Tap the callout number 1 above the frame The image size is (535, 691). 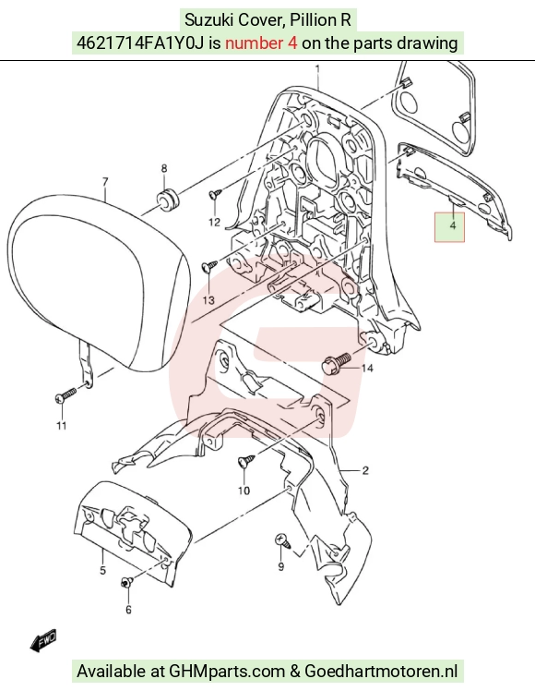click(x=317, y=68)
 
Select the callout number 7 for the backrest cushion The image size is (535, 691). click(x=105, y=182)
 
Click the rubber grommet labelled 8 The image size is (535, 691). click(x=167, y=200)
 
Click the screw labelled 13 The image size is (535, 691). click(x=209, y=266)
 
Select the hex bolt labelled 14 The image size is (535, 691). click(x=337, y=362)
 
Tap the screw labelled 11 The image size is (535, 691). click(x=65, y=394)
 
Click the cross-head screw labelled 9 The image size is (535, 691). click(x=283, y=540)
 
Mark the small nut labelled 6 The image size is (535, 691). click(x=126, y=583)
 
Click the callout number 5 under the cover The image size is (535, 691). click(x=102, y=570)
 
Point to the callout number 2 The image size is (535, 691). click(x=365, y=470)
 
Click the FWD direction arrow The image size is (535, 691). click(x=43, y=640)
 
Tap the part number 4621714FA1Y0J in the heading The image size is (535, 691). click(x=140, y=43)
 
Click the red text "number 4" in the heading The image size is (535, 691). click(x=261, y=43)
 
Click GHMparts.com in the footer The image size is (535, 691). click(x=227, y=672)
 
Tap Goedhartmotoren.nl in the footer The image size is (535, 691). click(x=381, y=672)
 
